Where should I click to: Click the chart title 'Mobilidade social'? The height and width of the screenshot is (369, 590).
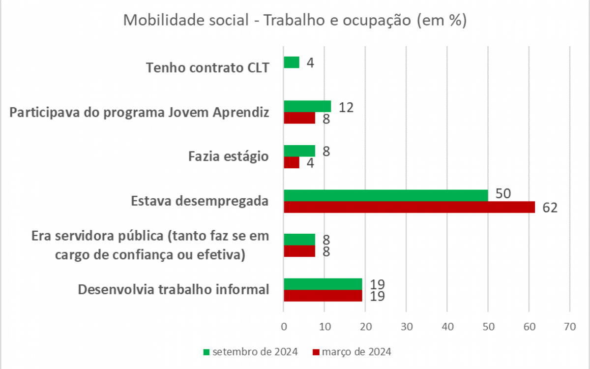(x=295, y=21)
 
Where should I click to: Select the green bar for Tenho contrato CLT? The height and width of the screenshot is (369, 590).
(x=292, y=62)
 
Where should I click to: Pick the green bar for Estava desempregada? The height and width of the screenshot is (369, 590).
(x=385, y=195)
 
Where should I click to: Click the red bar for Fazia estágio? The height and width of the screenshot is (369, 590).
(x=292, y=162)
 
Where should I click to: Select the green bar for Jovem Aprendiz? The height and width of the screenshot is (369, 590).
(x=307, y=106)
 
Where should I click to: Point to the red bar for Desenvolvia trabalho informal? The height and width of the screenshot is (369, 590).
(x=323, y=296)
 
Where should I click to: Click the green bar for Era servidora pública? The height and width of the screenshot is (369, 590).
(x=299, y=239)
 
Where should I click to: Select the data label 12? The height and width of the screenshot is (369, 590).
(x=346, y=107)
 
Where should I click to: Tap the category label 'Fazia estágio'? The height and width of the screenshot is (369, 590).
(x=229, y=157)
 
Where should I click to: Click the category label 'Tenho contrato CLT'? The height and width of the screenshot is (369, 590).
(x=208, y=67)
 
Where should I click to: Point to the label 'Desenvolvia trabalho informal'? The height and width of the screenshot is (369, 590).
(x=174, y=289)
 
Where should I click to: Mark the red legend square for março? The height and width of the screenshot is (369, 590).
(x=316, y=352)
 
